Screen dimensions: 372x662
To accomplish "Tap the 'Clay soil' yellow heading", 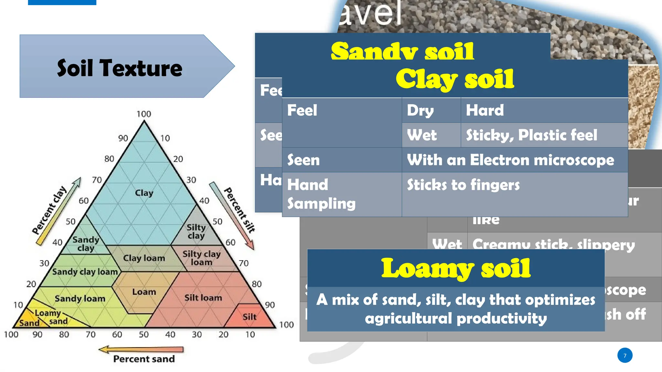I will coord(454,79).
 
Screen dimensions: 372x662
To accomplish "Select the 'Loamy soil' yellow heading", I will coord(456,268).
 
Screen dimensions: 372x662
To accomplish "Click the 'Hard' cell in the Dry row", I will coord(485,110).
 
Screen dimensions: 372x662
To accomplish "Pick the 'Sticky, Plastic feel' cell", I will coord(531,135).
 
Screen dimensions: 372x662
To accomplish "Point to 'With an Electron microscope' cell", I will coord(510,160).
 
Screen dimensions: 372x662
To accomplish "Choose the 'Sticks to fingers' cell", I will coord(463,185).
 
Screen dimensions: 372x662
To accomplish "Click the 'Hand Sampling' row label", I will coord(321,194).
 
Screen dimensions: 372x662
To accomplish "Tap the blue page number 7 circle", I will coord(625,356).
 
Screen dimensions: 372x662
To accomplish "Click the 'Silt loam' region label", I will coord(203,298).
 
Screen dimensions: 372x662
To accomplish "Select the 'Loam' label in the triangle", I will coord(144,292).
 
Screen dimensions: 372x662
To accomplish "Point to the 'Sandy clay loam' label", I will coord(85,272).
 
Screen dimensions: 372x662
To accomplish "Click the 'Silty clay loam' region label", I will coord(201,258).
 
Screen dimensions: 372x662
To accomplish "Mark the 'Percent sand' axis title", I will coord(144,359).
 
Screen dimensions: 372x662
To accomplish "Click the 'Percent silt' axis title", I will coord(240,210).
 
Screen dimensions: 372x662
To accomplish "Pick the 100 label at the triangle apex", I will coord(144,114).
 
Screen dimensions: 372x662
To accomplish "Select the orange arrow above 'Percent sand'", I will coord(141,349).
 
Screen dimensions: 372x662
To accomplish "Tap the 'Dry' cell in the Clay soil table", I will coord(420,110).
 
